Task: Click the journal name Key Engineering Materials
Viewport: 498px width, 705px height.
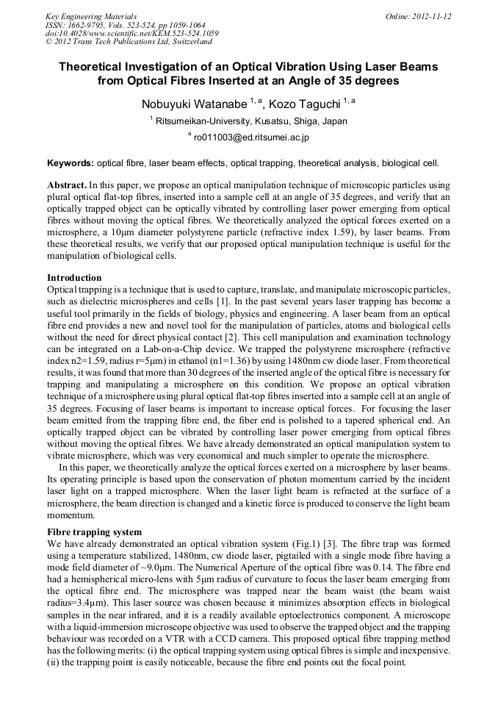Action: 91,16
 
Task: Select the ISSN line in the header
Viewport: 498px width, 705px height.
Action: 126,25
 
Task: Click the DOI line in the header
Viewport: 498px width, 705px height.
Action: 132,33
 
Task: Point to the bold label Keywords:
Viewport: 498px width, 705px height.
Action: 71,162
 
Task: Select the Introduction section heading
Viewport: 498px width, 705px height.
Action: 74,278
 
